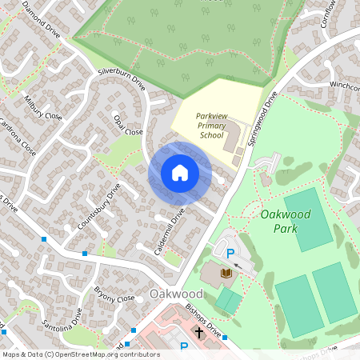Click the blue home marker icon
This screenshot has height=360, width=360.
click(x=180, y=173)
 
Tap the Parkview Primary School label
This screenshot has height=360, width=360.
click(x=211, y=125)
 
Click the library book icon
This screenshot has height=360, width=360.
click(x=226, y=275)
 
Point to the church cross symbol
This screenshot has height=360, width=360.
click(x=198, y=330)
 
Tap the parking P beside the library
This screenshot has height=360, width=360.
click(x=230, y=254)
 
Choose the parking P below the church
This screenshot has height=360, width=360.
click(x=183, y=347)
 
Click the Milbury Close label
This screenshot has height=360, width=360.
click(x=42, y=110)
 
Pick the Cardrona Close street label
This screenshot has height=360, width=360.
click(x=18, y=138)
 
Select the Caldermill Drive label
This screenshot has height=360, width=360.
click(x=169, y=232)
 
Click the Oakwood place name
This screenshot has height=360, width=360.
click(x=176, y=294)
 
